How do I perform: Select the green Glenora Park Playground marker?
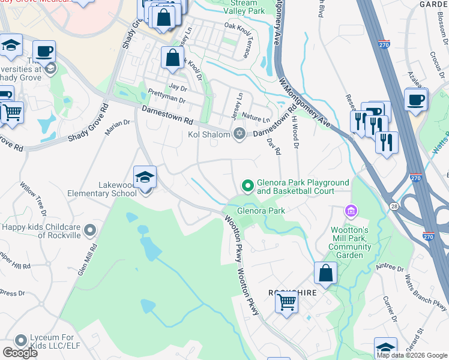point(246,185)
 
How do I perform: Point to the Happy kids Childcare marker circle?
point(90,230)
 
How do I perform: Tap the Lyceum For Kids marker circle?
point(20,340)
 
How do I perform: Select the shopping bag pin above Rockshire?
point(325,274)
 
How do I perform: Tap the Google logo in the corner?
point(20,353)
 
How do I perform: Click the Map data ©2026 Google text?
point(412,355)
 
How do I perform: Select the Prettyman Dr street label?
point(166,97)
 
